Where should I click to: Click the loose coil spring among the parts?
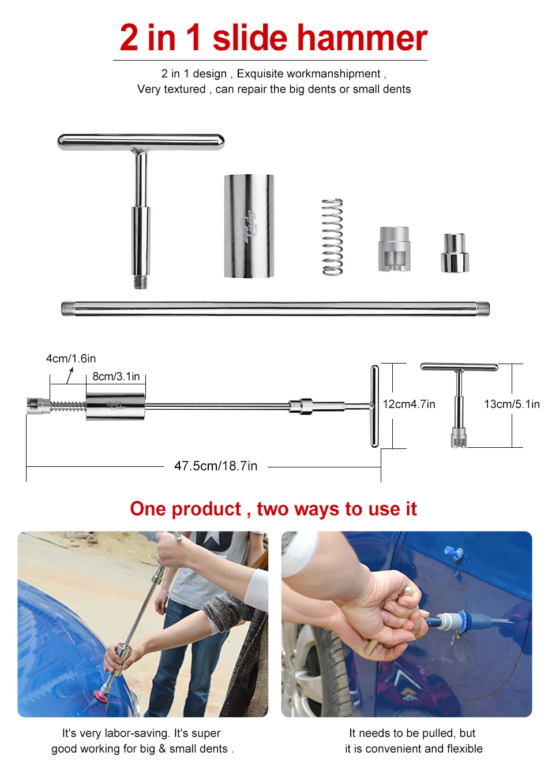[332, 237]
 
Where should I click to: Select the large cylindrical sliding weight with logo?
[249, 226]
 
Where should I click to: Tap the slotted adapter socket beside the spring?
[394, 249]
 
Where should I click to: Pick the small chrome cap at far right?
[455, 253]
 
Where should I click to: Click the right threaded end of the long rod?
[483, 308]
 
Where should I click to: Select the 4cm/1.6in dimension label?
[71, 358]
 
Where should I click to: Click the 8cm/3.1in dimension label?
[116, 376]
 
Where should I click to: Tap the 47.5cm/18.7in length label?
[216, 466]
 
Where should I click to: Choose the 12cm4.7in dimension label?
[409, 404]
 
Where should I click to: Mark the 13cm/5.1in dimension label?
[512, 404]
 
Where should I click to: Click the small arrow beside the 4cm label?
[70, 375]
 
